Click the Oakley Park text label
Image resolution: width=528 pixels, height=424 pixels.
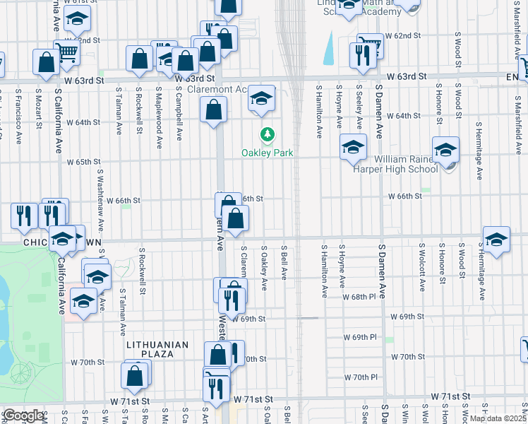click(267, 153)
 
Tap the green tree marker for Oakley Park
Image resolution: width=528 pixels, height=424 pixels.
click(267, 134)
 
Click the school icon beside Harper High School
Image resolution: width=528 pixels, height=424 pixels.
click(445, 151)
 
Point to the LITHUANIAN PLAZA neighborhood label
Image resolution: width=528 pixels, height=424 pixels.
click(157, 345)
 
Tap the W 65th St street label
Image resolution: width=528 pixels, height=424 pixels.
click(84, 162)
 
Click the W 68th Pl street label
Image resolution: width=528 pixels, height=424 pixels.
click(362, 298)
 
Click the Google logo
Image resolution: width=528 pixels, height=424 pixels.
click(23, 416)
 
